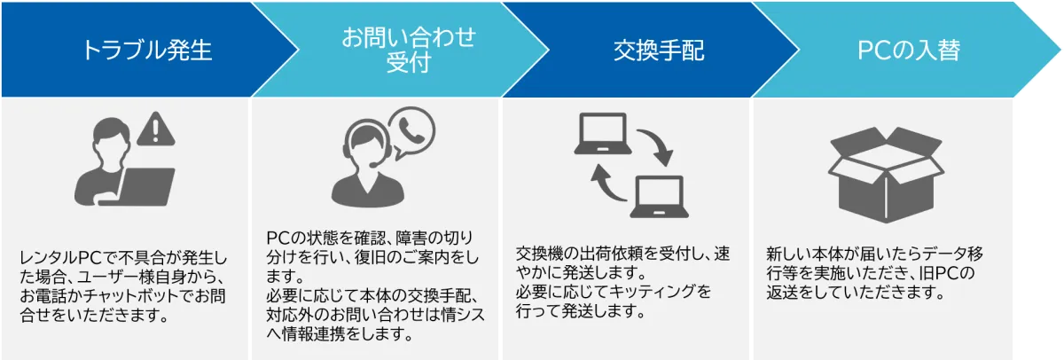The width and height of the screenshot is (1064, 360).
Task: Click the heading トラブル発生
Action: [x=147, y=51]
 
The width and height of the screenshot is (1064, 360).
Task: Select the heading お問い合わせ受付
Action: [x=409, y=50]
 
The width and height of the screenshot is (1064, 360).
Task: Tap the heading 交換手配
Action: [x=659, y=51]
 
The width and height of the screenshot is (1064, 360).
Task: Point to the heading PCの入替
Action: [x=909, y=51]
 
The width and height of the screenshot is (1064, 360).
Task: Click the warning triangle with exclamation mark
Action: [x=156, y=129]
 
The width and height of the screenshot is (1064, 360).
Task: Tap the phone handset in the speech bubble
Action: [x=411, y=130]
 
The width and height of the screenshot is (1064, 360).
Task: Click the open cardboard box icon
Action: [x=886, y=175]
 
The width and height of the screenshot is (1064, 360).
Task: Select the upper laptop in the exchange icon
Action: [x=603, y=134]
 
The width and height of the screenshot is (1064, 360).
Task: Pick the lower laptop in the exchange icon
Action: [x=660, y=197]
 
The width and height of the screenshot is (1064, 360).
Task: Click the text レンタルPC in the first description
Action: [x=61, y=257]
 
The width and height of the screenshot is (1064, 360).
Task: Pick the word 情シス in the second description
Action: [x=464, y=315]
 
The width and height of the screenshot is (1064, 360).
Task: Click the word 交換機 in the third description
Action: [x=539, y=254]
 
